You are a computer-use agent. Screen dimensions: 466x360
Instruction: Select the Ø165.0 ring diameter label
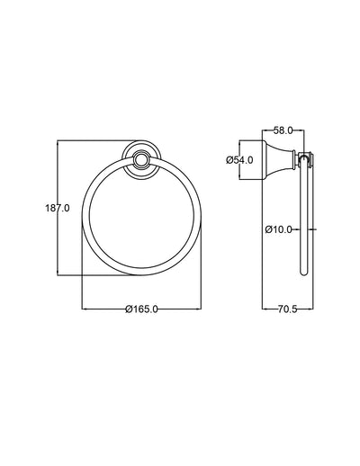[142, 309]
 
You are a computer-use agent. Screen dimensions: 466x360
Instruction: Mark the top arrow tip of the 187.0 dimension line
[58, 140]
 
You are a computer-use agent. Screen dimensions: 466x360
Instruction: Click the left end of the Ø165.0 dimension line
[83, 309]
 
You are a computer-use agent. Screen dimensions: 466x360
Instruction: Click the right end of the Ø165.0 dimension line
[201, 309]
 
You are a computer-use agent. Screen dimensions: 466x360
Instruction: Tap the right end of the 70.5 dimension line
[310, 309]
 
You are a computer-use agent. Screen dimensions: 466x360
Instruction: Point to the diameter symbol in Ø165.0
[130, 309]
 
